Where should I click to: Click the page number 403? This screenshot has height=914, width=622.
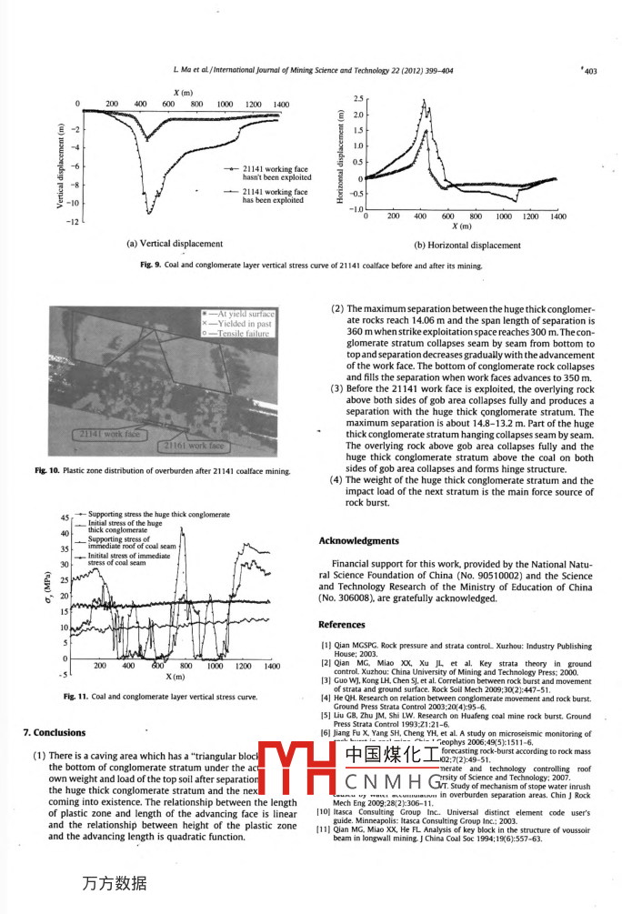pos(589,70)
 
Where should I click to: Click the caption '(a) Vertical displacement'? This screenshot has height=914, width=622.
pos(174,244)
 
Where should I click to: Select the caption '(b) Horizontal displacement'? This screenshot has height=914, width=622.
pos(467,245)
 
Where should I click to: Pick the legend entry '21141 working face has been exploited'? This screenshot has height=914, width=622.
pos(275,196)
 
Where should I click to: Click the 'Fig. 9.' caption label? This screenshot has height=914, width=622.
pos(150,266)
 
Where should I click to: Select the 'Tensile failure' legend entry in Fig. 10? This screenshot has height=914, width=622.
pos(243,334)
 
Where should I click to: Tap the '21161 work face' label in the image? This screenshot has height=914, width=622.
pos(193,447)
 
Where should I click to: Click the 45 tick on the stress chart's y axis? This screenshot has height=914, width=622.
pos(65,518)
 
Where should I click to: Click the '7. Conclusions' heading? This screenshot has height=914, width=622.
pos(55,732)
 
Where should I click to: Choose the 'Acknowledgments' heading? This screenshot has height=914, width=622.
pos(358,541)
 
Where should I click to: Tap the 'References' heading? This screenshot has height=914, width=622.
pos(342,625)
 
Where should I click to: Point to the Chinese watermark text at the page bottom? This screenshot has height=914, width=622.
pos(115,882)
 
